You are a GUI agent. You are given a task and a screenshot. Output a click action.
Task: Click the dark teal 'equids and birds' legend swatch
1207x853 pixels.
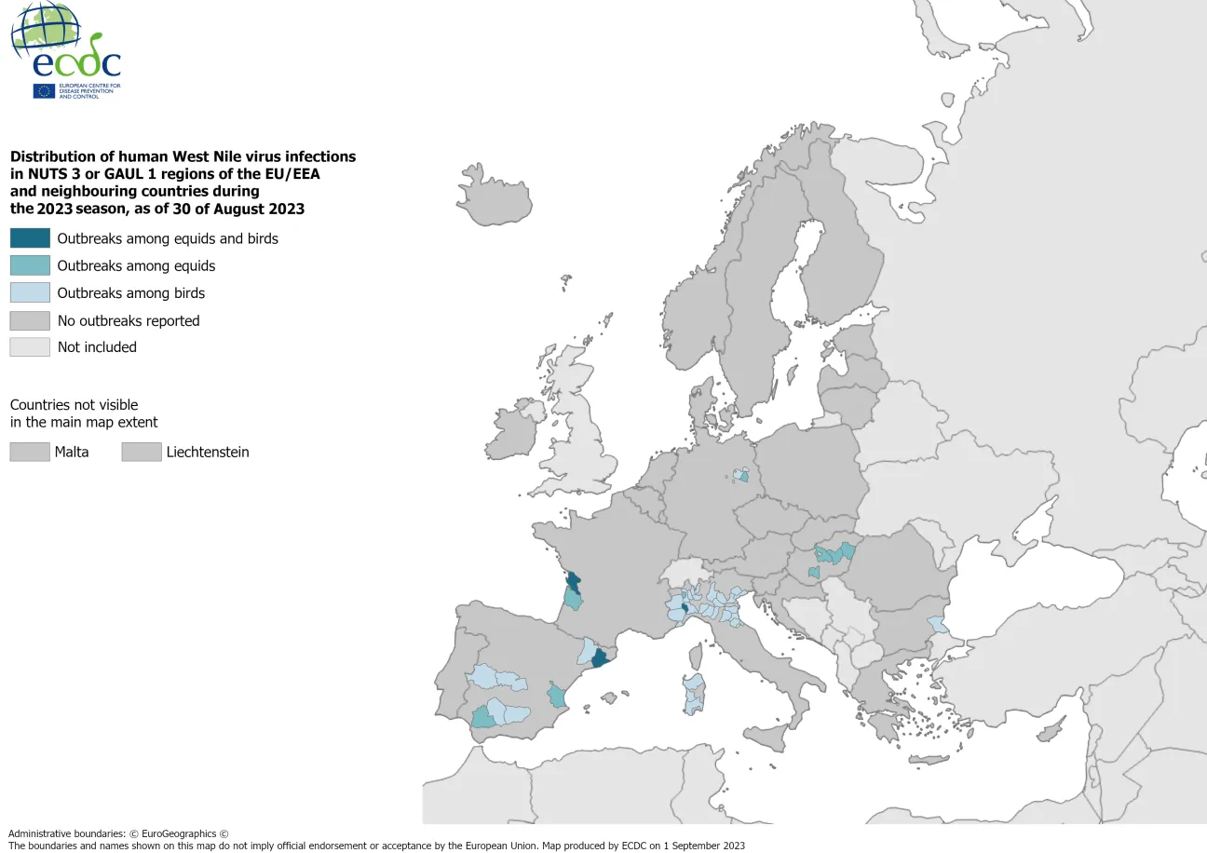point(30,238)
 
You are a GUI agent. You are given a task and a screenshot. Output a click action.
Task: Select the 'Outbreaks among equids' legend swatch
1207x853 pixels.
point(30,265)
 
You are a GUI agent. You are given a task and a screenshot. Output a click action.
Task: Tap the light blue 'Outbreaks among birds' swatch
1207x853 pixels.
point(30,292)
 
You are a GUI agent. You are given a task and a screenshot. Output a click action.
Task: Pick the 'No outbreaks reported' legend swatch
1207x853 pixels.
point(30,320)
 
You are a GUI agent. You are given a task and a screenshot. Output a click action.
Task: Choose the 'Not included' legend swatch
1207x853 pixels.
point(30,347)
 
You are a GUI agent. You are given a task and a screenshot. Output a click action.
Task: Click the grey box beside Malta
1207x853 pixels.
point(30,453)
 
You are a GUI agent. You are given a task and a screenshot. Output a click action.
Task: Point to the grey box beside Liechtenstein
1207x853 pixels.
point(141,453)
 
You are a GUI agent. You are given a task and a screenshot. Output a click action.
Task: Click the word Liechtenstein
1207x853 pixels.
point(208,453)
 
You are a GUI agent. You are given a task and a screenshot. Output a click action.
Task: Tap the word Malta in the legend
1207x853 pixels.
point(73,453)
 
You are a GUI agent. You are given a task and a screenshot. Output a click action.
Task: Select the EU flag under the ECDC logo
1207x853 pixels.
point(44,90)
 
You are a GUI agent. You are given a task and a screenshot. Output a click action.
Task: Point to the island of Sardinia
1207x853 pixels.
point(693,693)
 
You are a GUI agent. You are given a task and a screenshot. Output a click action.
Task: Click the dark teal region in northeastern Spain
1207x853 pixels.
point(600,658)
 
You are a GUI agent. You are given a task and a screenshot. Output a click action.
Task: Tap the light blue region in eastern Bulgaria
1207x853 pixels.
point(937,624)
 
